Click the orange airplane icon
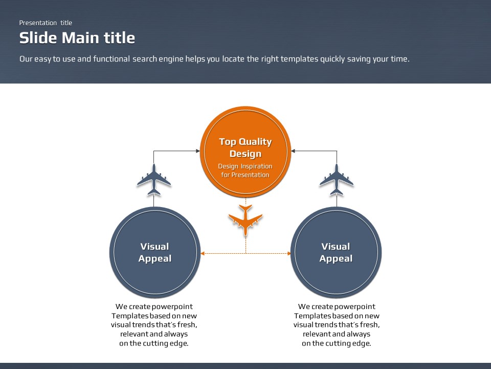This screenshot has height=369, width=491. (245, 220)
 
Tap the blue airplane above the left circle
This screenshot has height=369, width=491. (154, 179)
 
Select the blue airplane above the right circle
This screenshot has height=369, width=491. (337, 179)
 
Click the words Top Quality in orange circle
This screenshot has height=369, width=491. (245, 142)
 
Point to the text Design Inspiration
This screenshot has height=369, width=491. (245, 166)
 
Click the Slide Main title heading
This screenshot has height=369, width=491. (77, 37)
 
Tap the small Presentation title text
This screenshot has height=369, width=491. (46, 23)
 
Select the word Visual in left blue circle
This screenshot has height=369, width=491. (154, 247)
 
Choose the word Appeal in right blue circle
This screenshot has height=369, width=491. (336, 259)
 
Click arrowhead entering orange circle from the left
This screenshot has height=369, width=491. (198, 151)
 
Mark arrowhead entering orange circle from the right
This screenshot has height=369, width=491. (293, 151)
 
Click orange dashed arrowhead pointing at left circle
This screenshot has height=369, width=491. (203, 253)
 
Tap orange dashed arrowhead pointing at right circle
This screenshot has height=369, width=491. (288, 253)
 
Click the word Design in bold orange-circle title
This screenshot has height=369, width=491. (245, 154)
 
